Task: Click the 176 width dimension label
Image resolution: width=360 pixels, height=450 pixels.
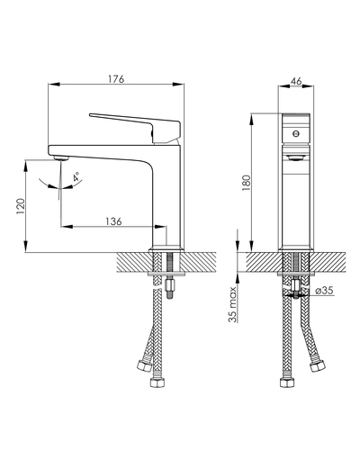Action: point(116,79)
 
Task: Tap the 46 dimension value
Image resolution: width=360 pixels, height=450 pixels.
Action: point(296,81)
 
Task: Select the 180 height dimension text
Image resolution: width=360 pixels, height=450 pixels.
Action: point(246,183)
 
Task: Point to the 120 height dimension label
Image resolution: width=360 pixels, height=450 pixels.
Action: point(21,206)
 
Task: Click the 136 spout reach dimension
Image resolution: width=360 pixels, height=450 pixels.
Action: point(113,221)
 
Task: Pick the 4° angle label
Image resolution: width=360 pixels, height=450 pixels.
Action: point(76,176)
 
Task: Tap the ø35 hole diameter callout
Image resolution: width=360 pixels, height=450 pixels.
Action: point(324,291)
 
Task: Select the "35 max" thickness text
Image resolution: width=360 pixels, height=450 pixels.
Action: point(233,304)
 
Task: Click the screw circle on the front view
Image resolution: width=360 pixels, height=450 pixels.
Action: point(296,133)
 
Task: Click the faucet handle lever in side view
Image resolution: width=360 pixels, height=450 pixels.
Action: point(135,128)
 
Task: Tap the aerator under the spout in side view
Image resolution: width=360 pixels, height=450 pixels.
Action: point(61,158)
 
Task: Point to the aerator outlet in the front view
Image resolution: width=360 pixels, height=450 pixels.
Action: point(296,157)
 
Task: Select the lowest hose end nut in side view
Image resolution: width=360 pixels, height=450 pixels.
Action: point(157,382)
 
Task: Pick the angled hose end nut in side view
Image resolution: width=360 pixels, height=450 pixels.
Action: point(144,364)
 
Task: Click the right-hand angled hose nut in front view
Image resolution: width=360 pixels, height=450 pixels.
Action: point(318,365)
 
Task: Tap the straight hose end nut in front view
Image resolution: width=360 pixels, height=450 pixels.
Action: point(287,382)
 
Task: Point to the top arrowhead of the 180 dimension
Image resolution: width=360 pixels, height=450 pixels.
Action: point(251,119)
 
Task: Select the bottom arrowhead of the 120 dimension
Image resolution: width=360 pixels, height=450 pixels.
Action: point(26,247)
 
